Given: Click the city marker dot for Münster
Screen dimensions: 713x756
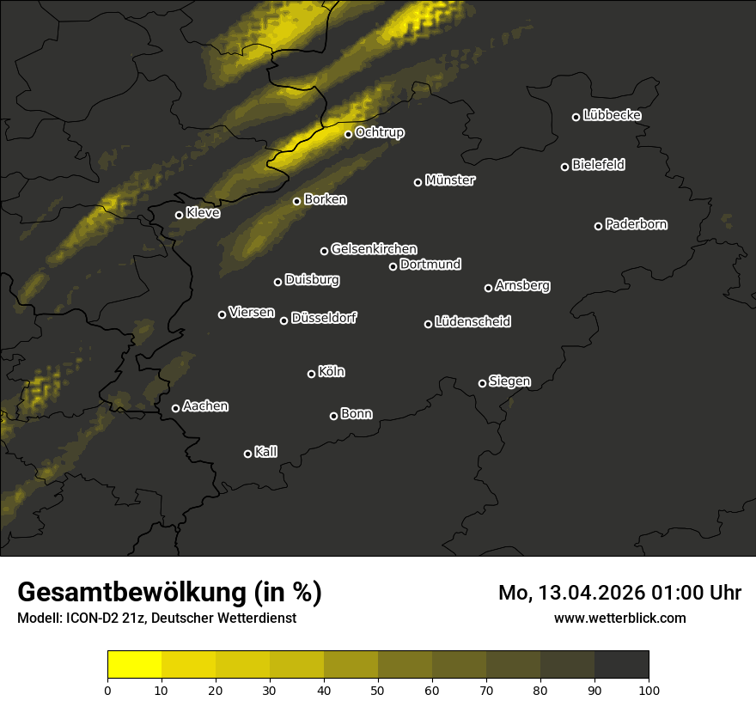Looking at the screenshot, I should click(x=418, y=182).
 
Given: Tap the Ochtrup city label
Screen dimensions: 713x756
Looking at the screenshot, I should click(x=379, y=133).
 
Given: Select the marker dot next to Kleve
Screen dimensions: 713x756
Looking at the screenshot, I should click(x=180, y=215).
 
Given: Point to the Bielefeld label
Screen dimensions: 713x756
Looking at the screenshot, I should click(x=598, y=165).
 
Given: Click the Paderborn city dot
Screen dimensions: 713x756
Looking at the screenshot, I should click(x=599, y=226).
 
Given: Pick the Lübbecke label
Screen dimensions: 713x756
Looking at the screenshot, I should click(x=612, y=115).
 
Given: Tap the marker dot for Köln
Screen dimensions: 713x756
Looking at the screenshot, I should click(x=312, y=374).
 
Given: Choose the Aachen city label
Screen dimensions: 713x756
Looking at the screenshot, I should click(x=205, y=406).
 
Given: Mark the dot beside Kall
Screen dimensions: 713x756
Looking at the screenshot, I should click(x=248, y=454).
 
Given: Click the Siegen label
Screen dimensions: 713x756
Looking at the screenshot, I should click(x=509, y=381).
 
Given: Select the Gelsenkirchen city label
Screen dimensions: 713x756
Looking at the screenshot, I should click(x=374, y=249).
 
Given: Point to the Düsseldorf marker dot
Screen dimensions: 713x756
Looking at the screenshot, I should click(x=284, y=320).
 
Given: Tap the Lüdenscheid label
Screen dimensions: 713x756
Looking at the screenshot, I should click(x=472, y=322).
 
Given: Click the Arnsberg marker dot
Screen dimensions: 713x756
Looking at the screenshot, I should click(x=489, y=288).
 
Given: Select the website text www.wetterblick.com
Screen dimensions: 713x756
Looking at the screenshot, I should click(x=620, y=618).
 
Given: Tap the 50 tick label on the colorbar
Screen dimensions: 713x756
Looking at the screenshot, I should click(x=378, y=690).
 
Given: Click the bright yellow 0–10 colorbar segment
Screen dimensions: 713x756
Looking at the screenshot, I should click(x=135, y=665).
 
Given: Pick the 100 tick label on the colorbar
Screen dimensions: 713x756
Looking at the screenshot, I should click(x=649, y=690).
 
